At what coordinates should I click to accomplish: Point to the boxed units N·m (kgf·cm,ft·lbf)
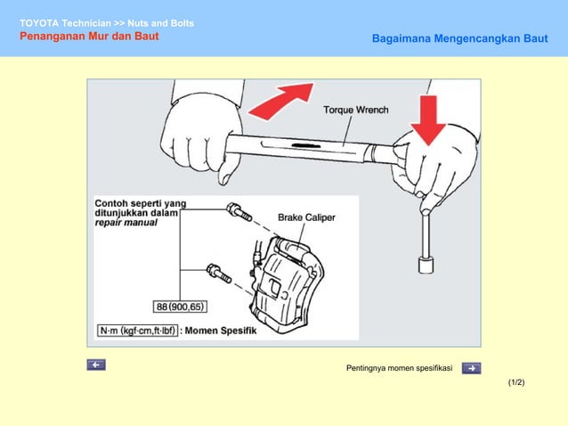138,330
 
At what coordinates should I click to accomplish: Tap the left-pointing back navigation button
96,365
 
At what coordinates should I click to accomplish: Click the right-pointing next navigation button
472,367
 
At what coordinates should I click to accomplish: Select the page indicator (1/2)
516,382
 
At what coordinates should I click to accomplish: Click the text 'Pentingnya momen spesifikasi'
399,368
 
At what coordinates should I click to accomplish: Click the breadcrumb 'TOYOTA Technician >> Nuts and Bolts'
107,22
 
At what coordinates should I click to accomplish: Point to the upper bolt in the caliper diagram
239,212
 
